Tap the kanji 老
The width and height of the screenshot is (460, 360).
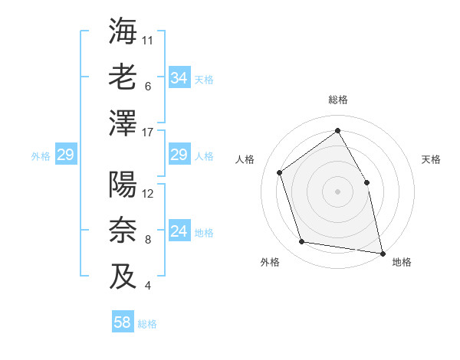click(123, 77)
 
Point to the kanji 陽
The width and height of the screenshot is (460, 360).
click(123, 186)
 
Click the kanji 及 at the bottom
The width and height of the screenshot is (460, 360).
click(123, 276)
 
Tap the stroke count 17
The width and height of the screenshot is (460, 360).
click(149, 133)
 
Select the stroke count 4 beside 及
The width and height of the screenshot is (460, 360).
click(147, 286)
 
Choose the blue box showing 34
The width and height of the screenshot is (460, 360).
click(179, 77)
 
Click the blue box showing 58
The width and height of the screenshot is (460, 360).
click(123, 322)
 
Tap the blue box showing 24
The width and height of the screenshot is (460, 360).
click(179, 232)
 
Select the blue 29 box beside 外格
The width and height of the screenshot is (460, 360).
click(65, 155)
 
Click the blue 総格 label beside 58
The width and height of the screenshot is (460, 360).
click(147, 324)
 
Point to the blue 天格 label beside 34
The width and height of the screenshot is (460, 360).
click(204, 79)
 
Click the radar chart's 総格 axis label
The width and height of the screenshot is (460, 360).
click(337, 100)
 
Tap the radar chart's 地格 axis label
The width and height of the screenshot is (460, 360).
click(402, 262)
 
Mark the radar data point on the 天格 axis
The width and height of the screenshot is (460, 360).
click(366, 182)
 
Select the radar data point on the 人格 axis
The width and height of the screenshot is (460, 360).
click(280, 172)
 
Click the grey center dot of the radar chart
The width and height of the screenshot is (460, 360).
click(337, 191)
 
